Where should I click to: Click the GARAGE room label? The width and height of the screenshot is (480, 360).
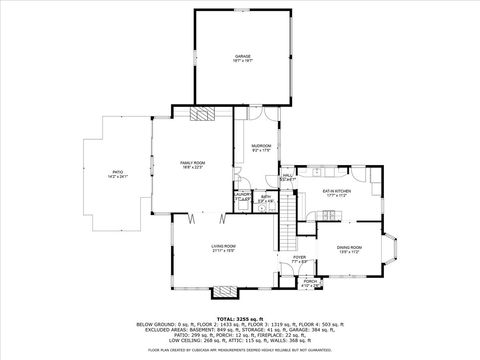pos(242,56)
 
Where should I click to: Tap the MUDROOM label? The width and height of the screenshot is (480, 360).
pos(261,146)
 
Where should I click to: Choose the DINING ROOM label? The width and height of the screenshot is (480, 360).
pos(349,246)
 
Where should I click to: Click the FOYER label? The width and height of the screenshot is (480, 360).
pos(299,257)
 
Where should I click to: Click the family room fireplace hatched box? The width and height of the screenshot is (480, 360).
pos(206,113)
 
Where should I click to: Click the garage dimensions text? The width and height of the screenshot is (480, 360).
pos(242,61)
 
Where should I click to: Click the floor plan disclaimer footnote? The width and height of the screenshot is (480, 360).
pos(239,350)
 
